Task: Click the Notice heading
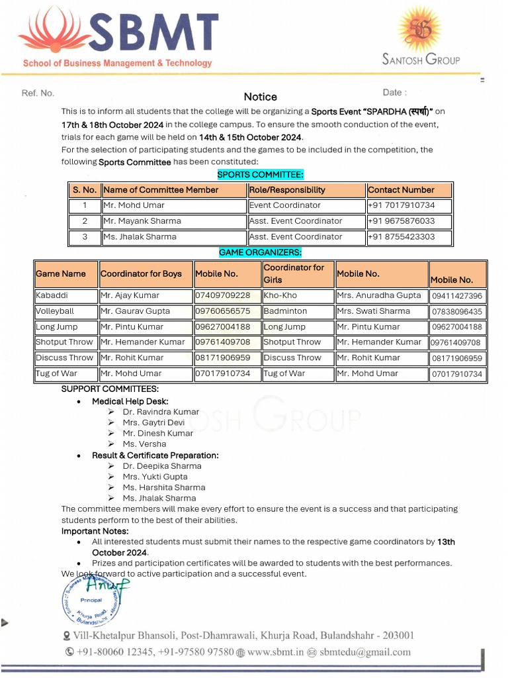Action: (x=260, y=97)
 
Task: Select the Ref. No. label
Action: (x=38, y=93)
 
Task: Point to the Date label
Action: (x=394, y=93)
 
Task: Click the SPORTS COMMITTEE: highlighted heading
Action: (x=260, y=175)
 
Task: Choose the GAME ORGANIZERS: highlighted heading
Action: (x=260, y=252)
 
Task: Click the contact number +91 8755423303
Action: (x=402, y=236)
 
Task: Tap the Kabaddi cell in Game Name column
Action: (x=52, y=295)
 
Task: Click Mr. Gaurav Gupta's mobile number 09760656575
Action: (x=222, y=311)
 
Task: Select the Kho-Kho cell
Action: (x=280, y=295)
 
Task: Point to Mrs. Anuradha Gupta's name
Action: (x=378, y=295)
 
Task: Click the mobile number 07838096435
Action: (x=457, y=311)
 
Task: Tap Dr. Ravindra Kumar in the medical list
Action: (x=161, y=412)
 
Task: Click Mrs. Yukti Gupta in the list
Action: (x=155, y=477)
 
